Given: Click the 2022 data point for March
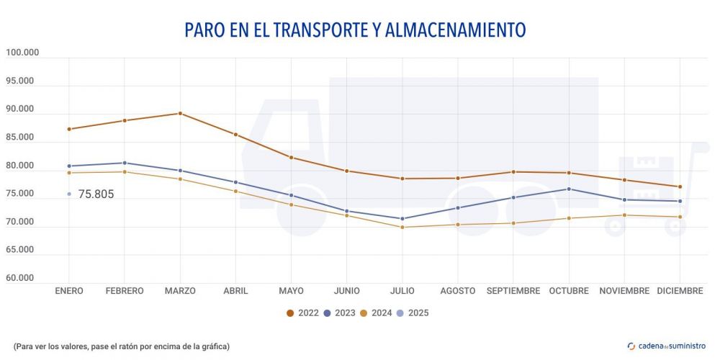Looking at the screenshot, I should point(180,113).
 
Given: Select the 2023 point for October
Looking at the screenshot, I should point(569,189).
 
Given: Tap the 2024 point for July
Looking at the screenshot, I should point(402,228).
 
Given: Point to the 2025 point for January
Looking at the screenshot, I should point(69,194).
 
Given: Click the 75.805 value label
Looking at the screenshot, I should point(96,194).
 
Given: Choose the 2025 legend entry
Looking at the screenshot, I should point(418,313).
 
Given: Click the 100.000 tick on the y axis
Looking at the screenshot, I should point(22,53).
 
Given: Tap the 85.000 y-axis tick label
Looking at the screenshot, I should point(22,138).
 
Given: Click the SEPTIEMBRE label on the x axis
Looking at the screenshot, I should point(513,291).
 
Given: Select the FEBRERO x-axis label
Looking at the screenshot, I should point(125,291).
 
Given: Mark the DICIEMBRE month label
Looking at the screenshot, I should point(680,291).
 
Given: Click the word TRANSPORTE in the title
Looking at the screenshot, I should point(305,30).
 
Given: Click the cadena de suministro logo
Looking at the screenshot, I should point(667,346).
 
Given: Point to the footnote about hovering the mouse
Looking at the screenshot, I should point(121,346).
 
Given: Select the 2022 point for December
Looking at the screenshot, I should point(680,186).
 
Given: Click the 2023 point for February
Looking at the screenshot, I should point(125,163).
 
